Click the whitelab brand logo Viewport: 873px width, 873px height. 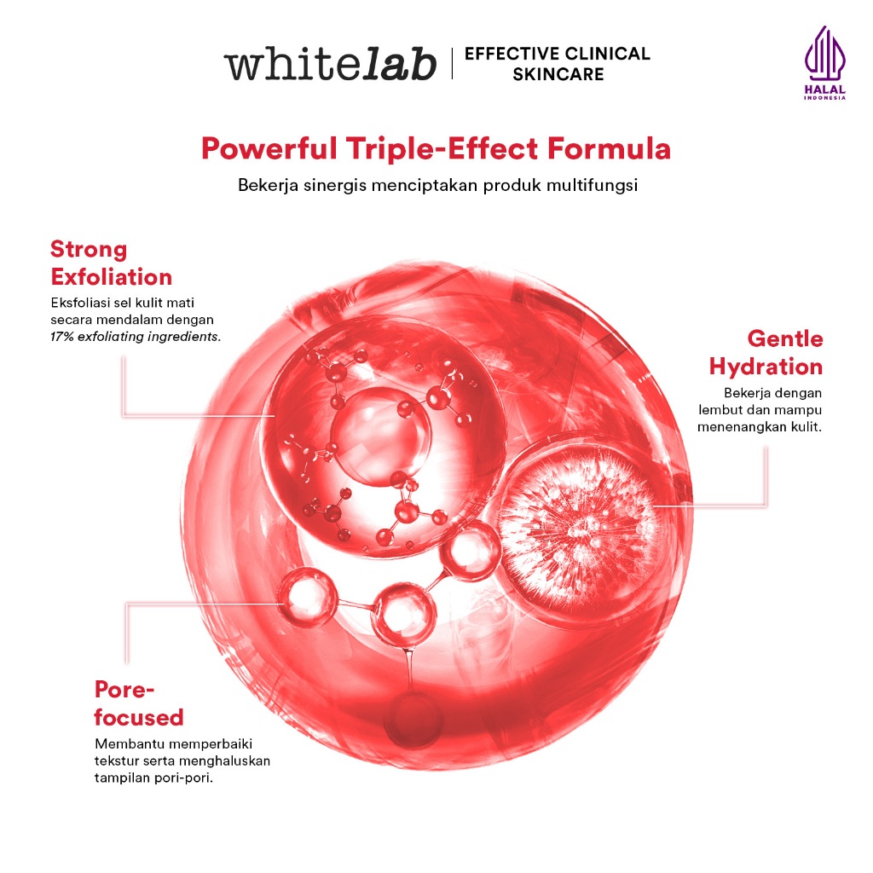click(x=330, y=63)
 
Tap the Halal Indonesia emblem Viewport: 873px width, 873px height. click(x=824, y=63)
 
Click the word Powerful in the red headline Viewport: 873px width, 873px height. click(x=269, y=148)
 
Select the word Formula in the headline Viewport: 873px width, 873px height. click(x=609, y=148)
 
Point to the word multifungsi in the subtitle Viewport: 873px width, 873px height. click(x=592, y=185)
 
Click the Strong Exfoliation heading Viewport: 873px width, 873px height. click(x=111, y=263)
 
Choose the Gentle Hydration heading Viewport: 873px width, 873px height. click(x=766, y=352)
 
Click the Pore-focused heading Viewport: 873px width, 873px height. click(x=139, y=703)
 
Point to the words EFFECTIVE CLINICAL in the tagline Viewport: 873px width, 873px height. click(x=558, y=54)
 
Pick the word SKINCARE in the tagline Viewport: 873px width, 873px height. click(x=558, y=74)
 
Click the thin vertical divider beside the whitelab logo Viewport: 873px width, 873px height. click(x=452, y=63)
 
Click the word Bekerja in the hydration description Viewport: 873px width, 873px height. click(x=744, y=393)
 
